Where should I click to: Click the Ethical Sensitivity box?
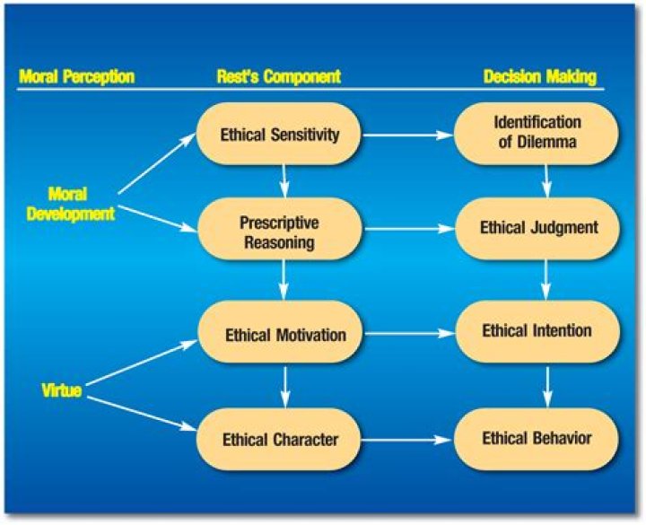tap(279, 135)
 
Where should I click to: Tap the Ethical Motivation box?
tap(284, 335)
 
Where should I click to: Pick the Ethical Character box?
tap(279, 439)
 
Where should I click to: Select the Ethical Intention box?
tap(537, 331)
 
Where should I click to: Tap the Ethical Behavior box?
tap(537, 439)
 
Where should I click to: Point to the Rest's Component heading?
tap(278, 77)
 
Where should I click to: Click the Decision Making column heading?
tap(540, 77)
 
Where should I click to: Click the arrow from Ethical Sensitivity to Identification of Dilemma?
tap(408, 136)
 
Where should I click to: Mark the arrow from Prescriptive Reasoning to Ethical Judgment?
tap(408, 230)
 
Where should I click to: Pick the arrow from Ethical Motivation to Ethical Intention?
tap(408, 334)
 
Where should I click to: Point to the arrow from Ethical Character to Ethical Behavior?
tap(408, 440)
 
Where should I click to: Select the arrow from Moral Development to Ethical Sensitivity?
tap(157, 164)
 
